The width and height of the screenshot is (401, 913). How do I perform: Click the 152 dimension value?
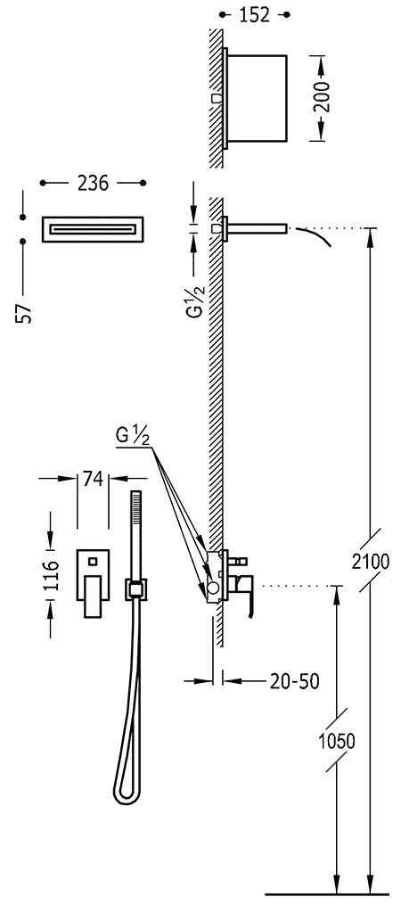255,15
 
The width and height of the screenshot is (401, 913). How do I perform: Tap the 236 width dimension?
93,184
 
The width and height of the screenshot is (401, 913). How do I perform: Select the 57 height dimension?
22,313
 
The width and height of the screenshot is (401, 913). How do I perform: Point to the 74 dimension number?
93,479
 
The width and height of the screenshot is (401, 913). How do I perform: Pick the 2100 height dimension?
370,562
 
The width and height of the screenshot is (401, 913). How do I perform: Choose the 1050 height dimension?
337,741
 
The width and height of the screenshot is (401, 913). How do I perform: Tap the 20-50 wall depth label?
294,680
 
